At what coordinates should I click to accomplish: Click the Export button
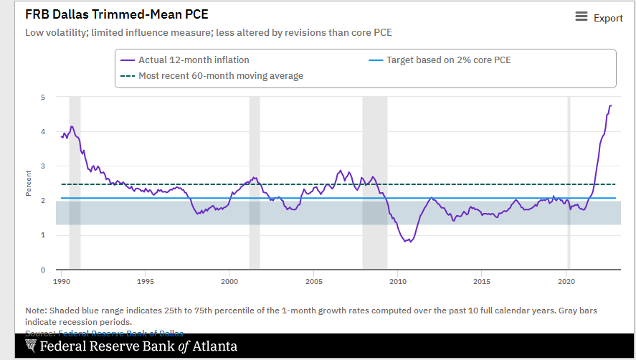coord(599,18)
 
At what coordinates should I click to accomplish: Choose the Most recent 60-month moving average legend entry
coord(213,76)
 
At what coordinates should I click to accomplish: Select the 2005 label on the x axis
coord(313,281)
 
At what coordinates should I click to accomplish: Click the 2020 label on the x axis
coord(566,281)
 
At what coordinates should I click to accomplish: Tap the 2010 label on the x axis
coord(398,281)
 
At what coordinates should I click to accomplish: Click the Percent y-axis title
coord(29,184)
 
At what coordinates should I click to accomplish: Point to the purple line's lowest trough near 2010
coord(408,242)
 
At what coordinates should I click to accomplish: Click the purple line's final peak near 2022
coord(610,106)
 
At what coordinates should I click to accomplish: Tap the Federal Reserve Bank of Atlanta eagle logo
coord(31,346)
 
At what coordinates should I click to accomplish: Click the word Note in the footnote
coord(36,310)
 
